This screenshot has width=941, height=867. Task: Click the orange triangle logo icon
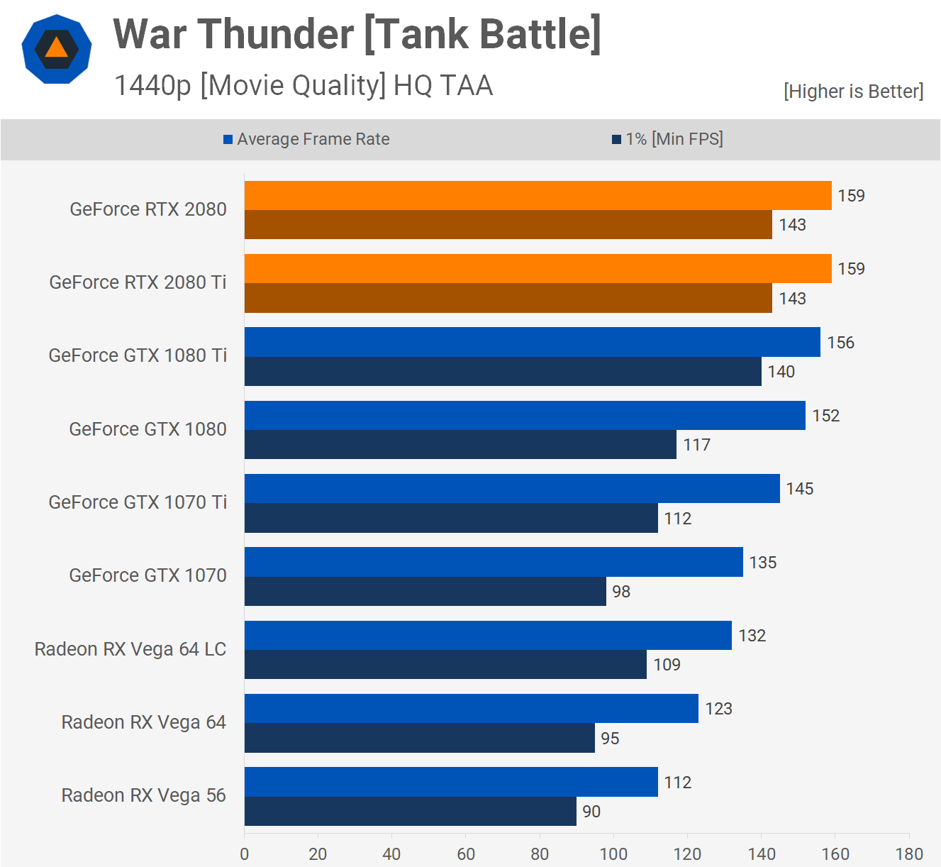point(57,49)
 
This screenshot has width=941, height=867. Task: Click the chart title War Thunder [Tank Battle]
point(357,34)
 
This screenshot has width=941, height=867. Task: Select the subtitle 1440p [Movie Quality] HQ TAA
point(303,86)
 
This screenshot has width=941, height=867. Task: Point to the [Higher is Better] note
point(853,92)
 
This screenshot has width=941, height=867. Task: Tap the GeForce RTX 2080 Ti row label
point(138,282)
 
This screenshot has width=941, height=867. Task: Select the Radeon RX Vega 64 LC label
point(130,649)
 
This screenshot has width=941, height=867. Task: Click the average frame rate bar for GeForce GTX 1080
point(525,415)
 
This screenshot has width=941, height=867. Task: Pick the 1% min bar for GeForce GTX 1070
point(425,591)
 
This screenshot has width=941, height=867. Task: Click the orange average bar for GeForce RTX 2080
point(538,195)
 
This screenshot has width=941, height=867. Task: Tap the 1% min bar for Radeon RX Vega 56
point(410,811)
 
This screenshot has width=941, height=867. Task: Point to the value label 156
point(840,343)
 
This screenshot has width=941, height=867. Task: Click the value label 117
point(696,445)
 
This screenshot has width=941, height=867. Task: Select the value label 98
point(621,592)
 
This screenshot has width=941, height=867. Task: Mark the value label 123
point(718,709)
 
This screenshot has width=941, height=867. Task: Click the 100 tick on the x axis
point(613,854)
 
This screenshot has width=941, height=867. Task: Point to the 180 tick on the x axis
point(908,854)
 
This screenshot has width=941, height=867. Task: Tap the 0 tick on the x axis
point(245,854)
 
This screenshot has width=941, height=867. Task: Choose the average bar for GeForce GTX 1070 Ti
point(512,489)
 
